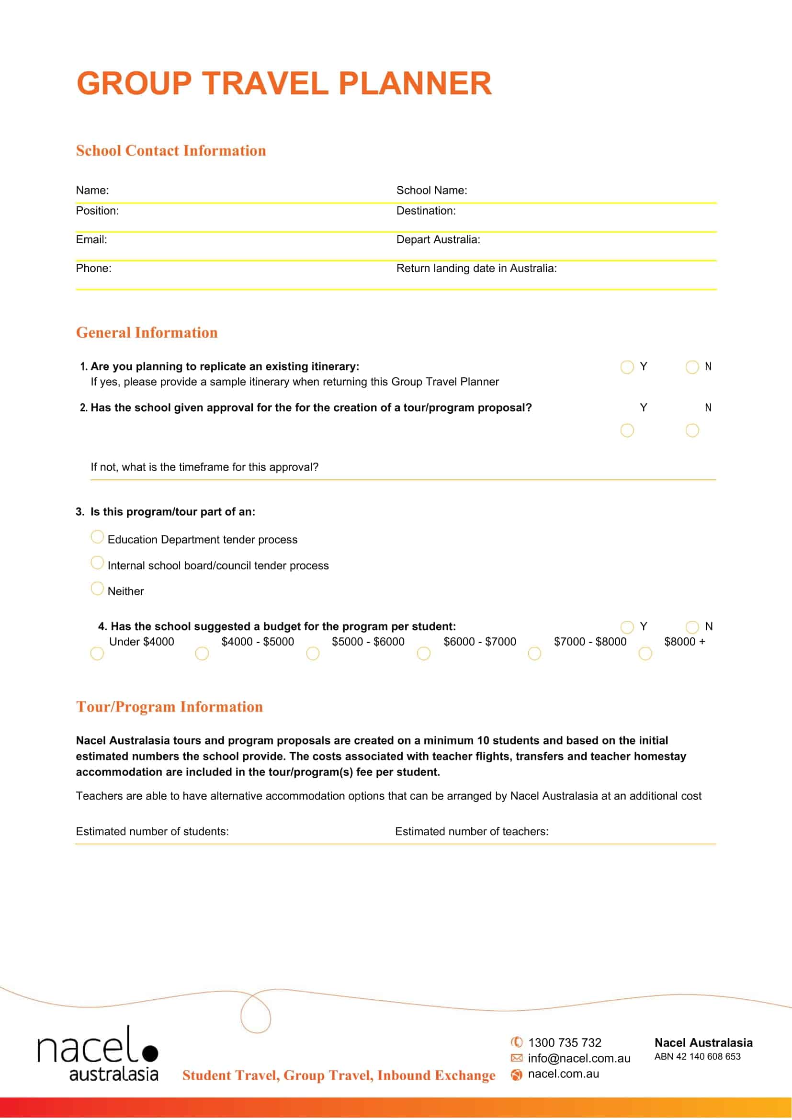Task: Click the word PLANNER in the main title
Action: (x=415, y=83)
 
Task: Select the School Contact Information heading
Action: (x=170, y=151)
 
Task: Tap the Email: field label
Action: (x=91, y=239)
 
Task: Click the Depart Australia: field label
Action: (x=438, y=239)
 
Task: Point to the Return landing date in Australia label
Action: (x=476, y=268)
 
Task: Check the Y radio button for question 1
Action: (x=627, y=367)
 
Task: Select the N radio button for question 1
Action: (x=692, y=367)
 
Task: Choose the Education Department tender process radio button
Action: (x=97, y=537)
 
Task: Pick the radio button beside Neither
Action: (x=97, y=588)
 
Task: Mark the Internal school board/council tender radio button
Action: (x=97, y=563)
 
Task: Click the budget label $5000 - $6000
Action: (x=368, y=642)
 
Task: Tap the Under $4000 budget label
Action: (x=141, y=642)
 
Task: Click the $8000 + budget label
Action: (x=684, y=642)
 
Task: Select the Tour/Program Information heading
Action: (x=169, y=707)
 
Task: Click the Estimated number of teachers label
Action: (x=472, y=831)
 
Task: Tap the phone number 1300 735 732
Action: (x=565, y=1042)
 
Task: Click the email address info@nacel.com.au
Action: (x=579, y=1058)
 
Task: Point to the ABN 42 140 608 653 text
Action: (x=697, y=1057)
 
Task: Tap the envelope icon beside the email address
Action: (x=516, y=1058)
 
